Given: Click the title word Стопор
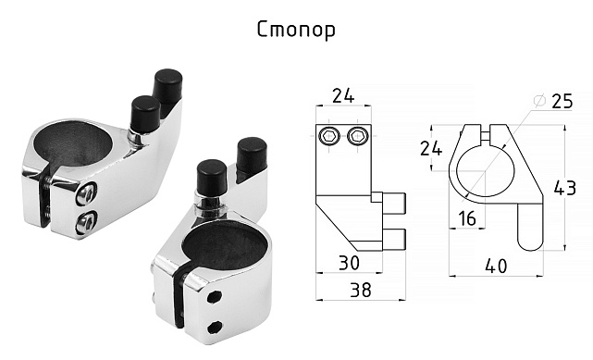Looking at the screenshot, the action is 296,30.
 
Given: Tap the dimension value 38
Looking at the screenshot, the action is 361,290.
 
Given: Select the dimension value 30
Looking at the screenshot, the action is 349,263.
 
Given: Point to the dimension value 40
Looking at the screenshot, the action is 496,267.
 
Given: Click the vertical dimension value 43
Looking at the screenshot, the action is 564,188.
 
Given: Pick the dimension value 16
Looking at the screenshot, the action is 467,218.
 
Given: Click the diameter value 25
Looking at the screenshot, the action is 562,102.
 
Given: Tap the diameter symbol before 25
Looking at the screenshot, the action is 539,100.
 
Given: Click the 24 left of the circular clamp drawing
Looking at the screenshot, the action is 431,148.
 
